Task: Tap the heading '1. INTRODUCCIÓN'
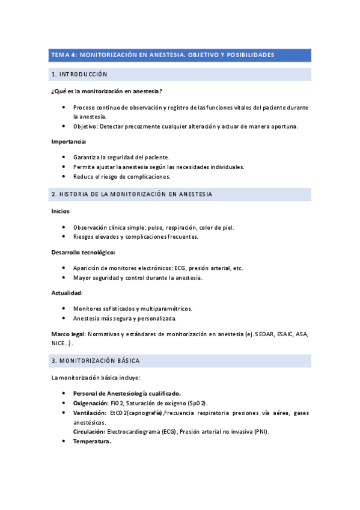point(79,75)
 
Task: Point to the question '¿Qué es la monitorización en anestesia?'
point(106,91)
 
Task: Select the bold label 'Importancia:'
point(69,142)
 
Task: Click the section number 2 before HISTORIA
point(53,194)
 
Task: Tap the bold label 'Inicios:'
point(61,211)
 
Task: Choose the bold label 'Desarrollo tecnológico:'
point(83,253)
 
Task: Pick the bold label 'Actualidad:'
point(67,293)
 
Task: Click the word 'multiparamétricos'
point(163,309)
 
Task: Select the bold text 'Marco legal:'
point(69,333)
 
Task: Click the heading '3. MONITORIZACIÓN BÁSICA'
point(96,361)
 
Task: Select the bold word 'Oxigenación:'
point(91,402)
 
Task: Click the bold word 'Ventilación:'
point(90,413)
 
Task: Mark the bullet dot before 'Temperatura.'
point(64,441)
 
